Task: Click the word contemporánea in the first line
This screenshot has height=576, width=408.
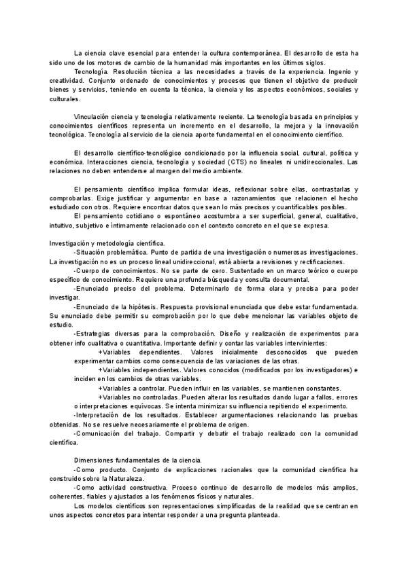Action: pyautogui.click(x=246, y=53)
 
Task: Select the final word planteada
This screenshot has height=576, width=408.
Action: pyautogui.click(x=259, y=515)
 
